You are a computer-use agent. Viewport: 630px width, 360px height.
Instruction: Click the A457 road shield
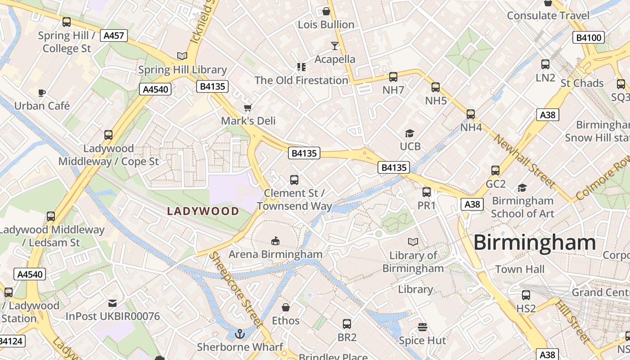pyautogui.click(x=114, y=36)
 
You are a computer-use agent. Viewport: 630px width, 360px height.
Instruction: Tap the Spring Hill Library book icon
pyautogui.click(x=182, y=56)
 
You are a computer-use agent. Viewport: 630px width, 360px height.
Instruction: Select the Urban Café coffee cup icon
pyautogui.click(x=42, y=93)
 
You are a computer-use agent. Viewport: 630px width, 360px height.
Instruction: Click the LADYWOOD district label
pyautogui.click(x=203, y=211)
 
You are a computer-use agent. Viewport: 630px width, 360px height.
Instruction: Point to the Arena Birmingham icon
pyautogui.click(x=275, y=241)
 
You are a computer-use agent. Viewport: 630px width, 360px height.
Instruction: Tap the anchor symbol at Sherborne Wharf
pyautogui.click(x=240, y=334)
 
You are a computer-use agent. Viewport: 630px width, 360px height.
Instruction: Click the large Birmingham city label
pyautogui.click(x=535, y=243)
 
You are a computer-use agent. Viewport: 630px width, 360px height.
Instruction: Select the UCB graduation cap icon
pyautogui.click(x=409, y=133)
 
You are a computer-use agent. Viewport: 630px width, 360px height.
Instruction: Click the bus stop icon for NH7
pyautogui.click(x=393, y=77)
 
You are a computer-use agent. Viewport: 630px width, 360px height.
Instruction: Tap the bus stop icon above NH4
pyautogui.click(x=471, y=114)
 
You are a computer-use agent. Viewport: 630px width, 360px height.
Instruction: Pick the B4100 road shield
pyautogui.click(x=589, y=37)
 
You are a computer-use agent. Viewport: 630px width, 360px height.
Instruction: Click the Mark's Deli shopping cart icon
pyautogui.click(x=247, y=108)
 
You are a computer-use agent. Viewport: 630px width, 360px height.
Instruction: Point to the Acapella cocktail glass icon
pyautogui.click(x=334, y=45)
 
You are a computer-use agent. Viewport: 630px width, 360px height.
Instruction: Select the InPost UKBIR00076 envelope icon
pyautogui.click(x=112, y=303)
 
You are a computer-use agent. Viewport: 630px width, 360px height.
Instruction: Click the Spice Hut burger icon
pyautogui.click(x=422, y=327)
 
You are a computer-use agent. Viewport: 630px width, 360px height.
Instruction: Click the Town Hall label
pyautogui.click(x=520, y=270)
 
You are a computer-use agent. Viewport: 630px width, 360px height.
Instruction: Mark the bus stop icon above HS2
pyautogui.click(x=526, y=295)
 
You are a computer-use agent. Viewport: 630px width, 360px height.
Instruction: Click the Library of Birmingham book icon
pyautogui.click(x=413, y=242)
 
